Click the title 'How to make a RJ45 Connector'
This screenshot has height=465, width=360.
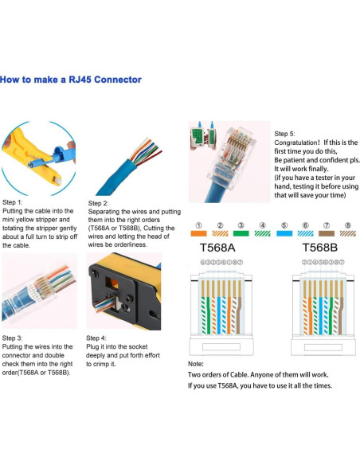click(71, 80)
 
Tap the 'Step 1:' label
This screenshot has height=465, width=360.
click(15, 202)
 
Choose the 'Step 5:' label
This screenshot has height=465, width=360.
click(284, 134)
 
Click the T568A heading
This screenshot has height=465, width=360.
click(216, 248)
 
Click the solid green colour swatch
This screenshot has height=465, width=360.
click(240, 234)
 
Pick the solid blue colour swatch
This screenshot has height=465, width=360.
click(284, 234)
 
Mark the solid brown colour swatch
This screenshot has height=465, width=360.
click(327, 234)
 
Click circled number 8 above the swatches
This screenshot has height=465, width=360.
click(347, 225)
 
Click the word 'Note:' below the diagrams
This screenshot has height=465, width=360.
click(197, 364)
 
